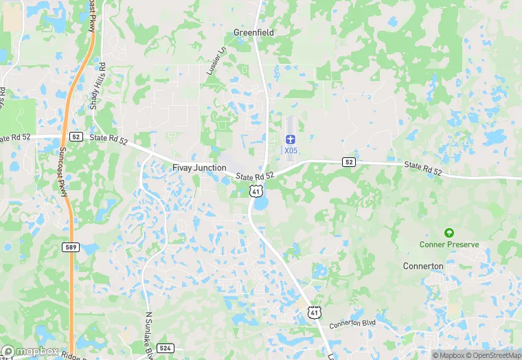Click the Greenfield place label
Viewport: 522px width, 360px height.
click(x=253, y=32)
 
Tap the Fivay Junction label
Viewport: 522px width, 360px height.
click(x=199, y=168)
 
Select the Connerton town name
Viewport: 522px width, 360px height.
click(x=423, y=266)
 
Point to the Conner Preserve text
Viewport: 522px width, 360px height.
click(x=449, y=245)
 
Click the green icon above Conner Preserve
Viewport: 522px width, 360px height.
click(x=449, y=233)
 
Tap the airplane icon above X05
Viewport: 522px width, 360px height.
click(x=290, y=139)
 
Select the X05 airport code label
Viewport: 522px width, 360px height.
click(x=290, y=150)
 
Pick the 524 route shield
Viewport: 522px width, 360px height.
click(x=164, y=348)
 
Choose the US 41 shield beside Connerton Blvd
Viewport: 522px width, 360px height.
click(x=314, y=313)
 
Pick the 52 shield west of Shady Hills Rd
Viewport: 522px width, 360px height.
click(x=75, y=137)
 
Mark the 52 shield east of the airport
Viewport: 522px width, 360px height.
click(x=349, y=162)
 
